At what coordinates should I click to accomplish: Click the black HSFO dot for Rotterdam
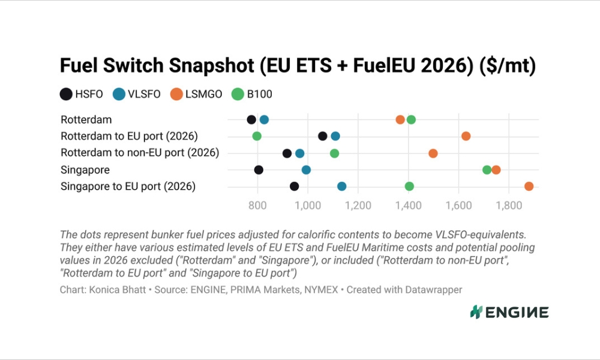tap(251, 120)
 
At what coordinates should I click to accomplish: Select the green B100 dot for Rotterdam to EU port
tap(257, 136)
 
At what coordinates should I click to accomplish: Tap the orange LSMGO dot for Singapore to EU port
tap(529, 187)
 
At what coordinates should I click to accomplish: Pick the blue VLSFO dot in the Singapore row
tap(306, 170)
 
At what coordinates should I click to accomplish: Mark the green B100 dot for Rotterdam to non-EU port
tap(334, 154)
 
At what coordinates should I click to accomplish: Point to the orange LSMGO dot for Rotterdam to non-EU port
tap(433, 154)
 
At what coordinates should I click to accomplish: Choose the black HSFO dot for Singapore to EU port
tap(294, 187)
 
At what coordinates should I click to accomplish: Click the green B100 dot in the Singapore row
tap(487, 170)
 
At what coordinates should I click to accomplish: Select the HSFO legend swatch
tap(66, 94)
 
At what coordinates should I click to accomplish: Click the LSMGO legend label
tap(203, 94)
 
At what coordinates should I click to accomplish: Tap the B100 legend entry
tap(252, 94)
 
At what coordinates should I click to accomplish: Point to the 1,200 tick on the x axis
tap(358, 205)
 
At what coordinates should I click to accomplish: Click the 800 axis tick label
tap(257, 205)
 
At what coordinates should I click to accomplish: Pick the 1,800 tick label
tap(509, 205)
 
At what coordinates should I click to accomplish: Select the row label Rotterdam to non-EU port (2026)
tap(140, 152)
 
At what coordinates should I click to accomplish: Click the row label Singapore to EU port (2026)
tap(128, 187)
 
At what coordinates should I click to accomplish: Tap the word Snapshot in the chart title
tap(211, 65)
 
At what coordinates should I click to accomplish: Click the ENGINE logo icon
tap(476, 312)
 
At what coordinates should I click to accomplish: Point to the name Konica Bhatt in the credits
tap(118, 290)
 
